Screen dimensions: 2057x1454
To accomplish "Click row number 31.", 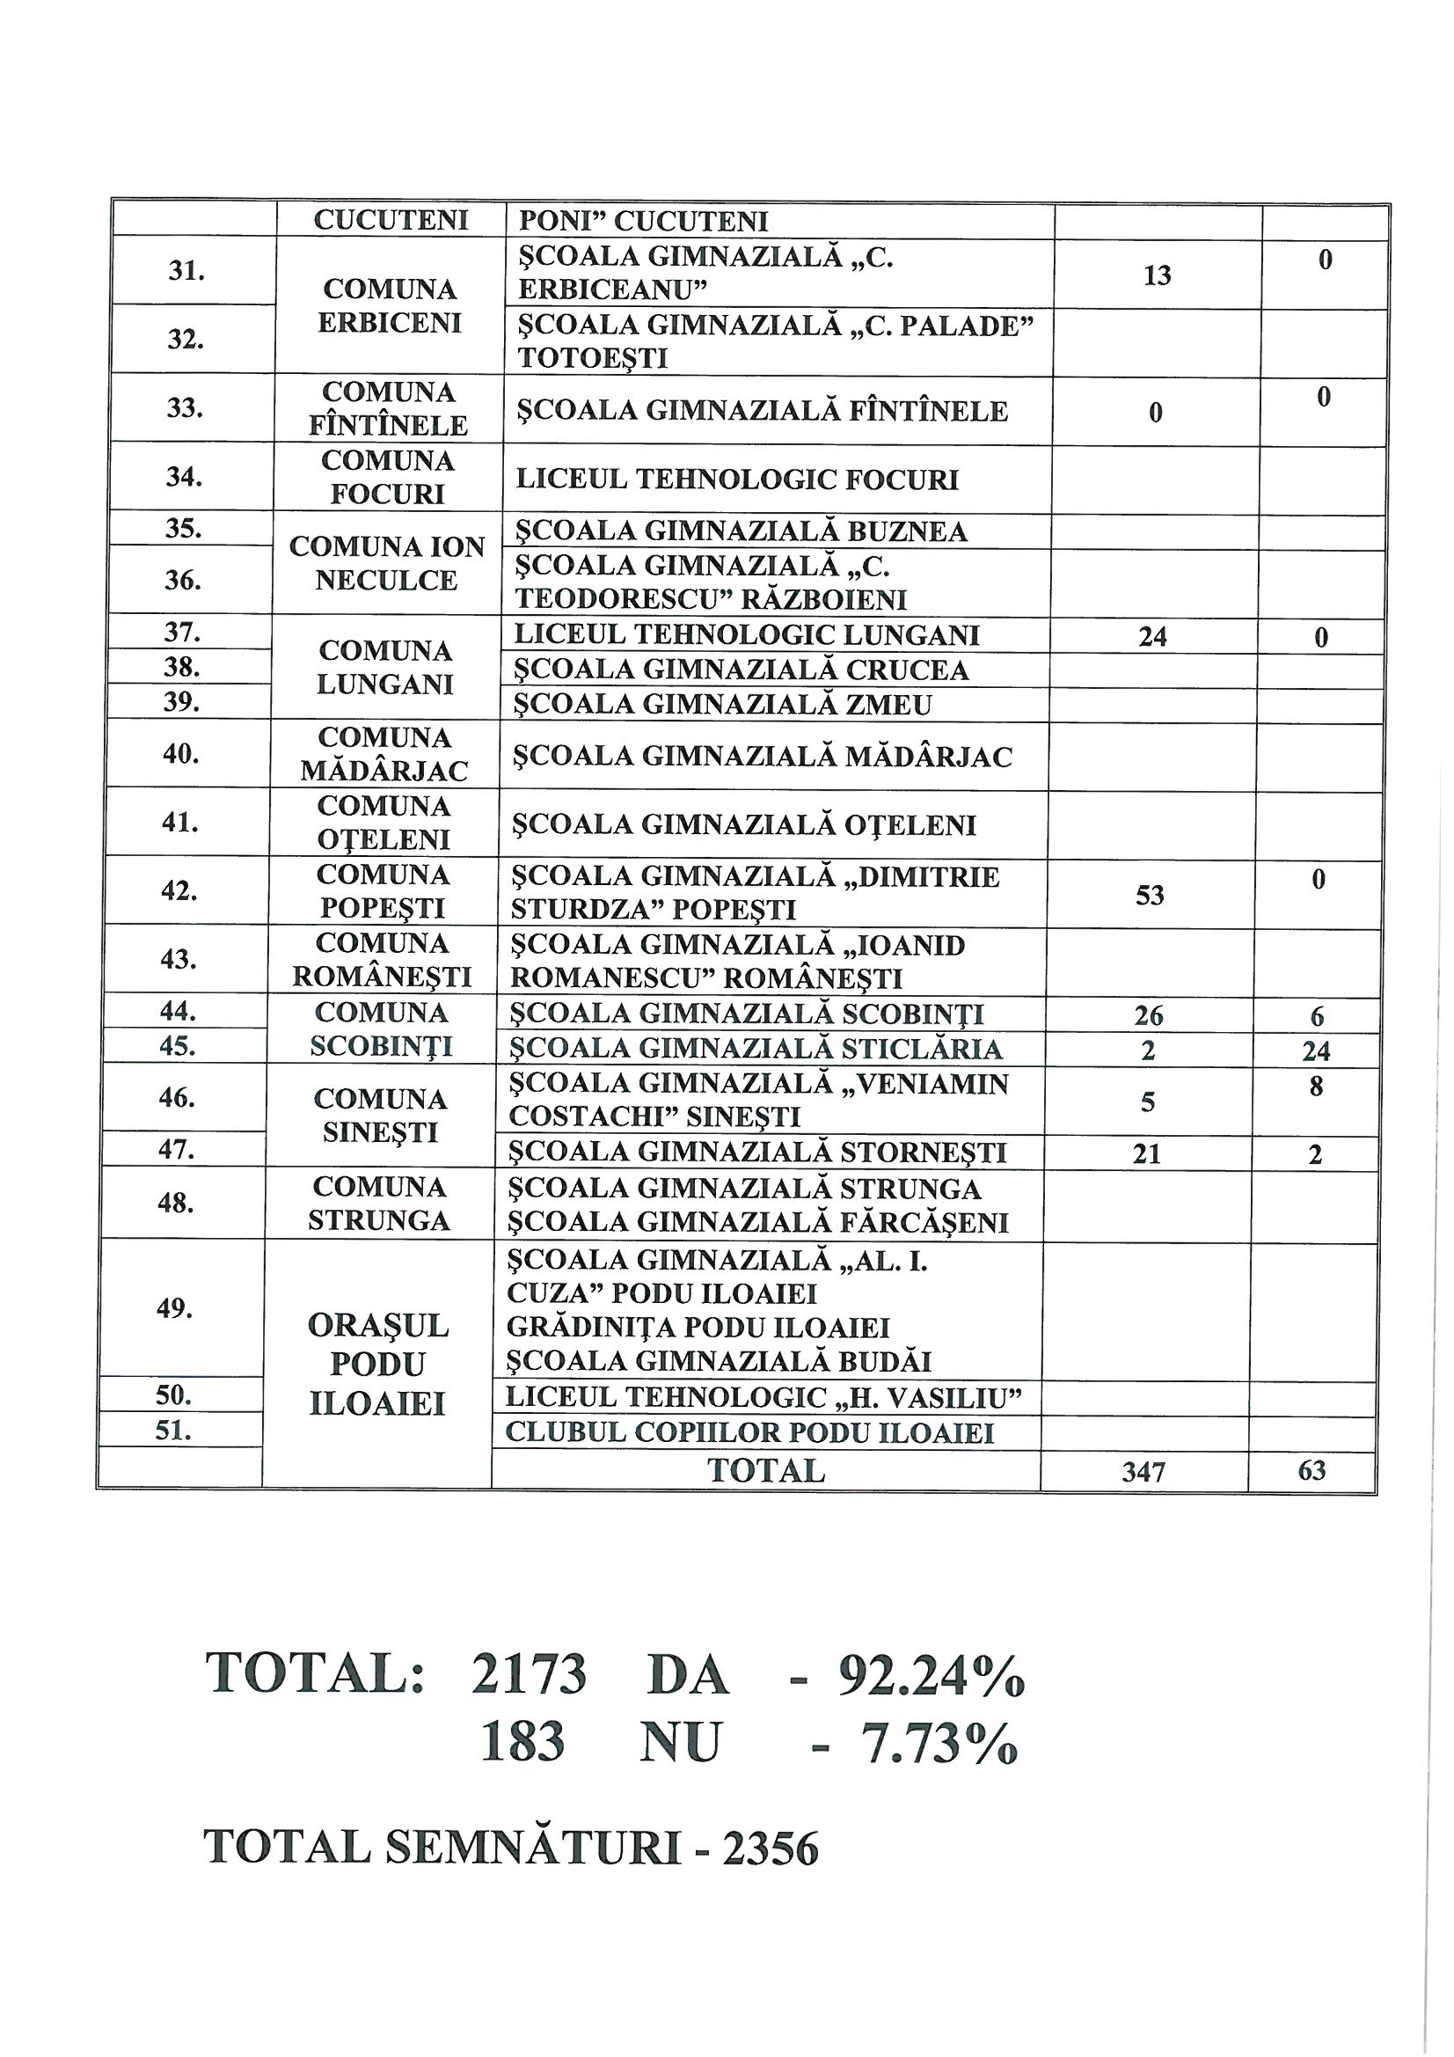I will [186, 271].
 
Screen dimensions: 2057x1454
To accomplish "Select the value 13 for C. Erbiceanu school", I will [1157, 275].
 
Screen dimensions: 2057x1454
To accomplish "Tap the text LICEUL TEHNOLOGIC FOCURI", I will [737, 479].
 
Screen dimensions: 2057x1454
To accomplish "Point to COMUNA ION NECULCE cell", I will [387, 564].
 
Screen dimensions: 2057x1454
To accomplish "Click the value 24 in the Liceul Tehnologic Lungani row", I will [1152, 637].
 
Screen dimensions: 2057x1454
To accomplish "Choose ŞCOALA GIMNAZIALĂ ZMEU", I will [722, 705].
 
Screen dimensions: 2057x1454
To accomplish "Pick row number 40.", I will [180, 754].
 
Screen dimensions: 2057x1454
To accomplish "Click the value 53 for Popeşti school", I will [1150, 895].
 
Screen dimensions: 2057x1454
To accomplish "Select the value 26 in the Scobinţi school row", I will [1149, 1015].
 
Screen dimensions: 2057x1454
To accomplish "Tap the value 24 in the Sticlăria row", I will [1316, 1050].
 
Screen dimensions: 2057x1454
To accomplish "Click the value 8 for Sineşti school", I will [1315, 1087].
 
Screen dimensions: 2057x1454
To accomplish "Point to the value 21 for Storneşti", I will [1147, 1154].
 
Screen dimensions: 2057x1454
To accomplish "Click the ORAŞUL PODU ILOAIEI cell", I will [377, 1365].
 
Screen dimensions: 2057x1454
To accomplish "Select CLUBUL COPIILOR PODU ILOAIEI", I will [749, 1433].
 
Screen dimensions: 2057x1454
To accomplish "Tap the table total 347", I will [1143, 1472].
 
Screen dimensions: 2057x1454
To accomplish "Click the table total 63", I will [1312, 1470].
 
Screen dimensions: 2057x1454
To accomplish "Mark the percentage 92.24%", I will [931, 1674].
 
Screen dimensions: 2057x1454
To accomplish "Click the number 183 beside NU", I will [522, 1743].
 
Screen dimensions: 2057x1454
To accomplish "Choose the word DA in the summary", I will [687, 1674].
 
